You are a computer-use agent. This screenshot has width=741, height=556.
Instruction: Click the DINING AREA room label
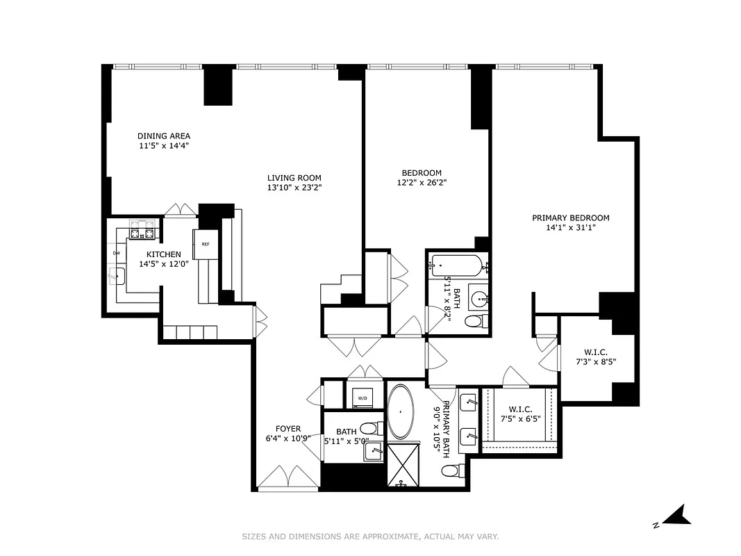click(x=164, y=136)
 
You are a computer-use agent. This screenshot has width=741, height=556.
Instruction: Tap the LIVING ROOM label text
click(x=294, y=178)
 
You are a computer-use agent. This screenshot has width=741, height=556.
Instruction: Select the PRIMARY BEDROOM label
click(x=572, y=218)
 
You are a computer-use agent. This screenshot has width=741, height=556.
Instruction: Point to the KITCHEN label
click(x=163, y=255)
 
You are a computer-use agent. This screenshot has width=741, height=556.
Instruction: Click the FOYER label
click(x=288, y=429)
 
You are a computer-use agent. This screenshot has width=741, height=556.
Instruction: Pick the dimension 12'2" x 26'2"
click(x=422, y=183)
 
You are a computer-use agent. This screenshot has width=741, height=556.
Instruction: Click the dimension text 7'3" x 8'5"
click(x=596, y=361)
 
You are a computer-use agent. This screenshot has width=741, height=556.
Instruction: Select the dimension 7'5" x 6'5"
click(x=519, y=418)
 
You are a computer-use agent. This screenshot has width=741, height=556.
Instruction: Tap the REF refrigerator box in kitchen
click(x=206, y=245)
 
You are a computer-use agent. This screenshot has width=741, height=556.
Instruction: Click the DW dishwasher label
click(x=116, y=253)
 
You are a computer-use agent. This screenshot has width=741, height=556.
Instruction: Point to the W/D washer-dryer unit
click(x=362, y=398)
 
